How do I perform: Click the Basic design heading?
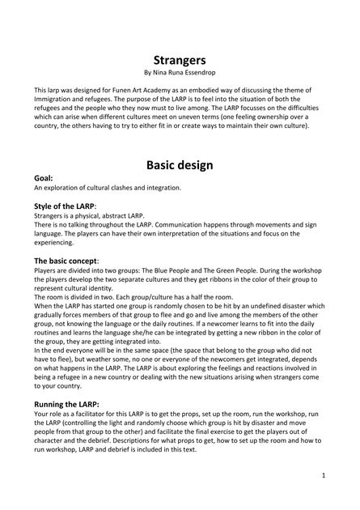[180, 165]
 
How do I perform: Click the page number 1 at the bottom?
[323, 475]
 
